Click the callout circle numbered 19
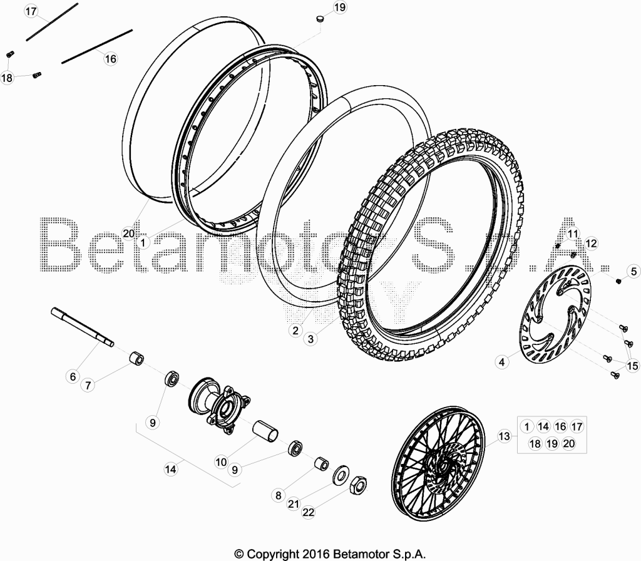click(x=340, y=8)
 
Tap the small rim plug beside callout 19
click(x=321, y=19)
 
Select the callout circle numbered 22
click(x=309, y=512)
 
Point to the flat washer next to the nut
click(x=341, y=475)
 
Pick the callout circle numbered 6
click(x=73, y=376)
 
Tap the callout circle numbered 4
click(x=501, y=362)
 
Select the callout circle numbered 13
click(x=505, y=436)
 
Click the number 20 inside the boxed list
click(x=568, y=444)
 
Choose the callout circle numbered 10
click(x=221, y=462)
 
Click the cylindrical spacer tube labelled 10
click(x=265, y=430)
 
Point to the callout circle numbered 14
click(x=170, y=469)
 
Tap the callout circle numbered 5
click(x=633, y=272)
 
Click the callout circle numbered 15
click(x=632, y=366)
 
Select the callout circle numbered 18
click(x=7, y=77)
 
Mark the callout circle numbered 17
click(x=31, y=11)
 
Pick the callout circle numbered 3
click(x=310, y=339)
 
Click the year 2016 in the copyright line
click(x=315, y=554)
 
